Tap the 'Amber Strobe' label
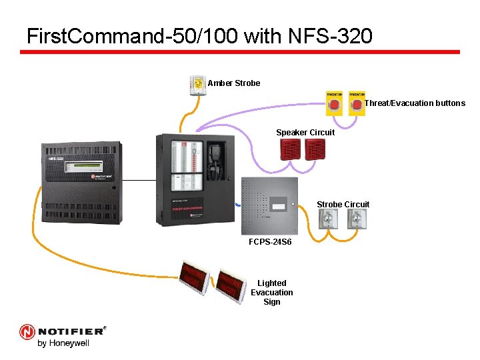coord(233,83)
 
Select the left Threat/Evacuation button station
coord(334,103)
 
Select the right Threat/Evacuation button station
coord(357,103)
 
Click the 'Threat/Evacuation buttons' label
coord(415,103)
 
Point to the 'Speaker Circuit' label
coord(305,132)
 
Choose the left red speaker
coord(293,151)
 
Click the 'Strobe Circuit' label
coord(343,204)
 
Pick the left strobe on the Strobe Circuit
coord(329,219)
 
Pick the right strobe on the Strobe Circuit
coord(357,219)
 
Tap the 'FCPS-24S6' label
coord(269,242)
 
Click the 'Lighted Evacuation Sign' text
coord(272,293)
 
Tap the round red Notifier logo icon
coord(27,331)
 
